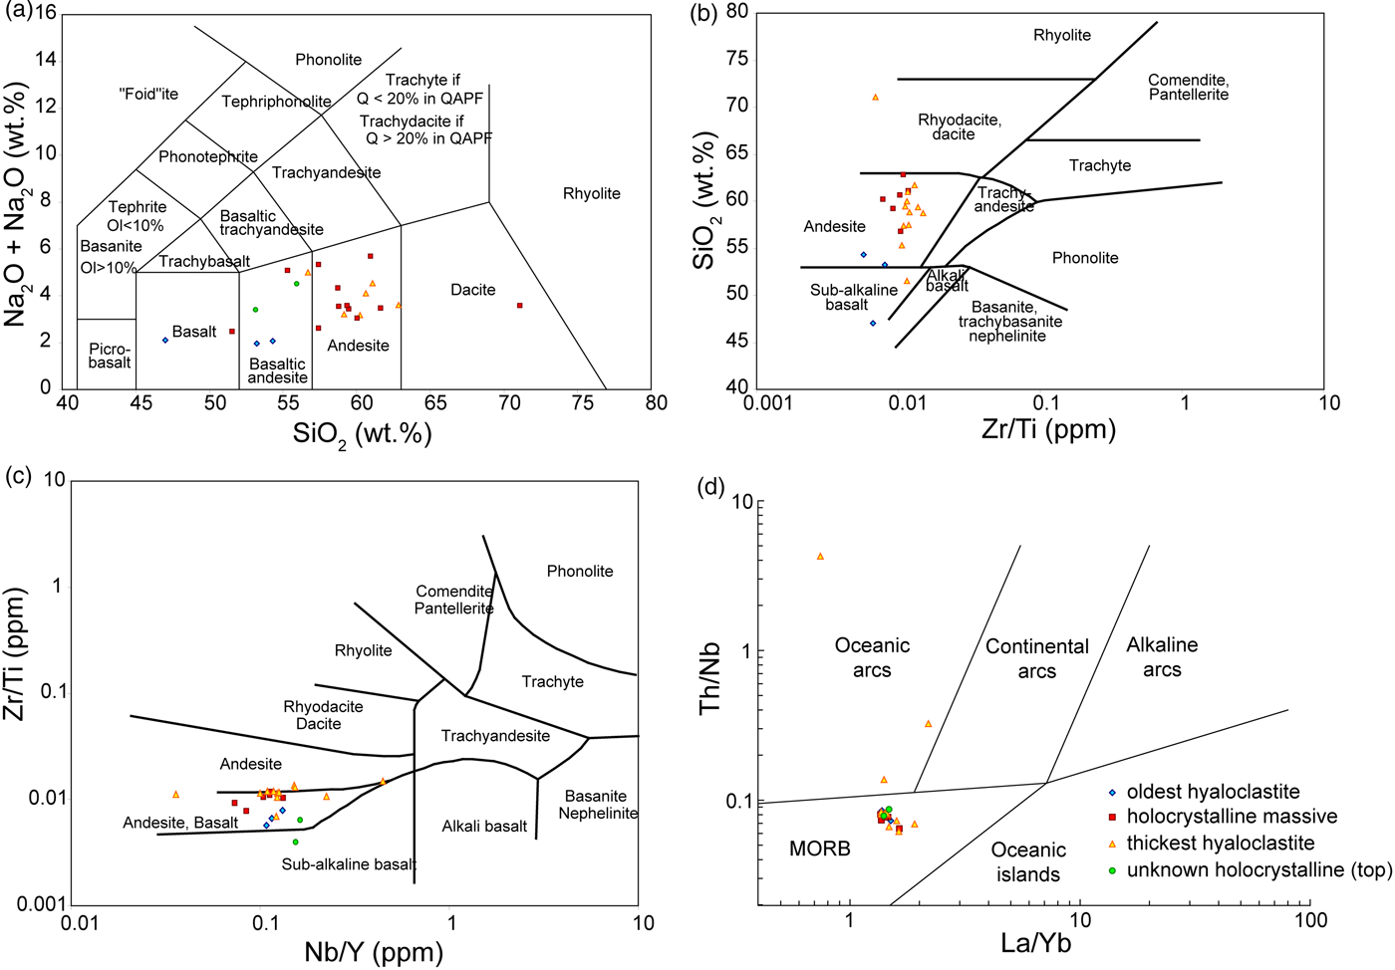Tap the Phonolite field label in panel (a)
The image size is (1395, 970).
pyautogui.click(x=328, y=60)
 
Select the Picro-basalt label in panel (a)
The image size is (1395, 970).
pyautogui.click(x=109, y=356)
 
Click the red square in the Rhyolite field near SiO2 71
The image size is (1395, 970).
pyautogui.click(x=519, y=306)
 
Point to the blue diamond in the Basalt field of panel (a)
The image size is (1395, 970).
pyautogui.click(x=165, y=341)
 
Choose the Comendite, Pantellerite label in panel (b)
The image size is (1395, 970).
pyautogui.click(x=1188, y=88)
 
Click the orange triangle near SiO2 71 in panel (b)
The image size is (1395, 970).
pyautogui.click(x=875, y=97)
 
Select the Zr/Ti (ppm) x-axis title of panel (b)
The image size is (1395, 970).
pyautogui.click(x=1048, y=429)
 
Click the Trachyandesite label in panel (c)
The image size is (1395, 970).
pyautogui.click(x=495, y=736)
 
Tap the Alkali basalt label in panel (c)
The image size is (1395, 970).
pyautogui.click(x=484, y=826)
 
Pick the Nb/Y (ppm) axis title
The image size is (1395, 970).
pyautogui.click(x=374, y=952)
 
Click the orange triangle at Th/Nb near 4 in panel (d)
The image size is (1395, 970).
pyautogui.click(x=820, y=556)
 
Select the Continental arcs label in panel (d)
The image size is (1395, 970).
pyautogui.click(x=1036, y=658)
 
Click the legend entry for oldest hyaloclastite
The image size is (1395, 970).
pyautogui.click(x=1213, y=792)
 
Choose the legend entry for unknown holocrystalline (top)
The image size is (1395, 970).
pyautogui.click(x=1258, y=869)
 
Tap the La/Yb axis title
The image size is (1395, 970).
pyautogui.click(x=1035, y=942)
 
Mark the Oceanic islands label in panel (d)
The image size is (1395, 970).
pyautogui.click(x=1028, y=861)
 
